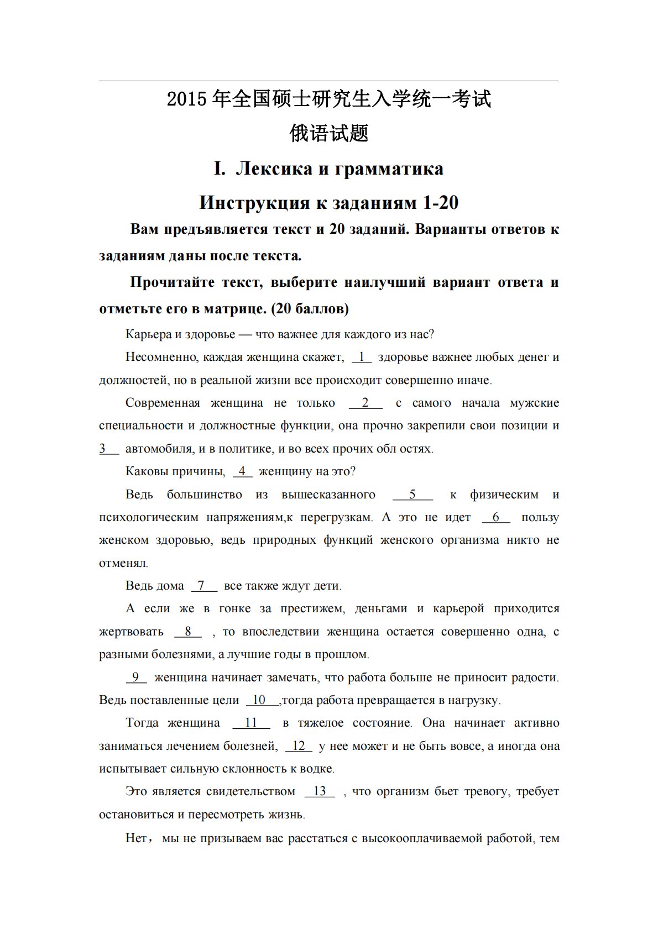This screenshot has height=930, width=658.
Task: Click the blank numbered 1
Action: (x=362, y=357)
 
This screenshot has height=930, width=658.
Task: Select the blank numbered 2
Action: (x=365, y=403)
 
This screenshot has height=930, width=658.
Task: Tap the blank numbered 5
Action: (x=412, y=495)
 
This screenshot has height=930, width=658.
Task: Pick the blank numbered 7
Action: (x=203, y=586)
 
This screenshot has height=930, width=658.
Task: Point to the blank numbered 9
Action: (x=136, y=677)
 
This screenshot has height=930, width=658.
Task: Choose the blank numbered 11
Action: (x=251, y=723)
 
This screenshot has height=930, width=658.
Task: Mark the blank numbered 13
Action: (x=320, y=791)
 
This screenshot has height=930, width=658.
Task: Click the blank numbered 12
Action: (x=299, y=746)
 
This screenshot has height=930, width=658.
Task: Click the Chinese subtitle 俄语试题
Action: (x=329, y=133)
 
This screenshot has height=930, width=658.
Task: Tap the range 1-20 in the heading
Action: (x=440, y=203)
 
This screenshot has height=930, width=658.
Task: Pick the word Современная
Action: (x=163, y=403)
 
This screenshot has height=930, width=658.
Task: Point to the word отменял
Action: (x=123, y=563)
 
